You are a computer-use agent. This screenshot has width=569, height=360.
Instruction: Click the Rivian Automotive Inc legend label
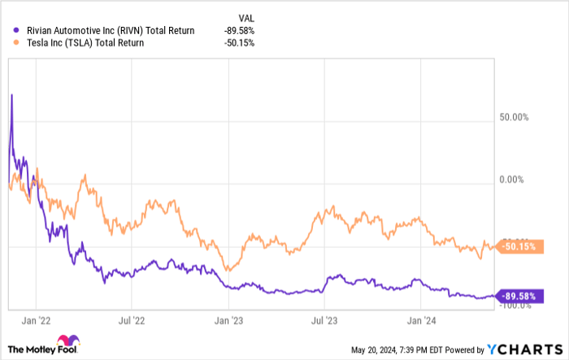[105, 31]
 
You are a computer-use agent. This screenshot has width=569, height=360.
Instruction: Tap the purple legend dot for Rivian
[9, 31]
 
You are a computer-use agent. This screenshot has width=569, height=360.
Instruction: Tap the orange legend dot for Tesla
[9, 43]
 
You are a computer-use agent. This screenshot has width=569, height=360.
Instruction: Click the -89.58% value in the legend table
[241, 31]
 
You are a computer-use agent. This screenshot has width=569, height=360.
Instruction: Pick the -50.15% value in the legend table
[241, 43]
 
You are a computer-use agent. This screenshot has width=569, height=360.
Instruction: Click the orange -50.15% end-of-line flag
[518, 246]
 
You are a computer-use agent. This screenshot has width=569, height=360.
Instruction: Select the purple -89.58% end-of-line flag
[518, 296]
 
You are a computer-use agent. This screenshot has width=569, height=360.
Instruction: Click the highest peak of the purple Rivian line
[11, 95]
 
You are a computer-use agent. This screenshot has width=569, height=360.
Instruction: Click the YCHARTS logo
[525, 349]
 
